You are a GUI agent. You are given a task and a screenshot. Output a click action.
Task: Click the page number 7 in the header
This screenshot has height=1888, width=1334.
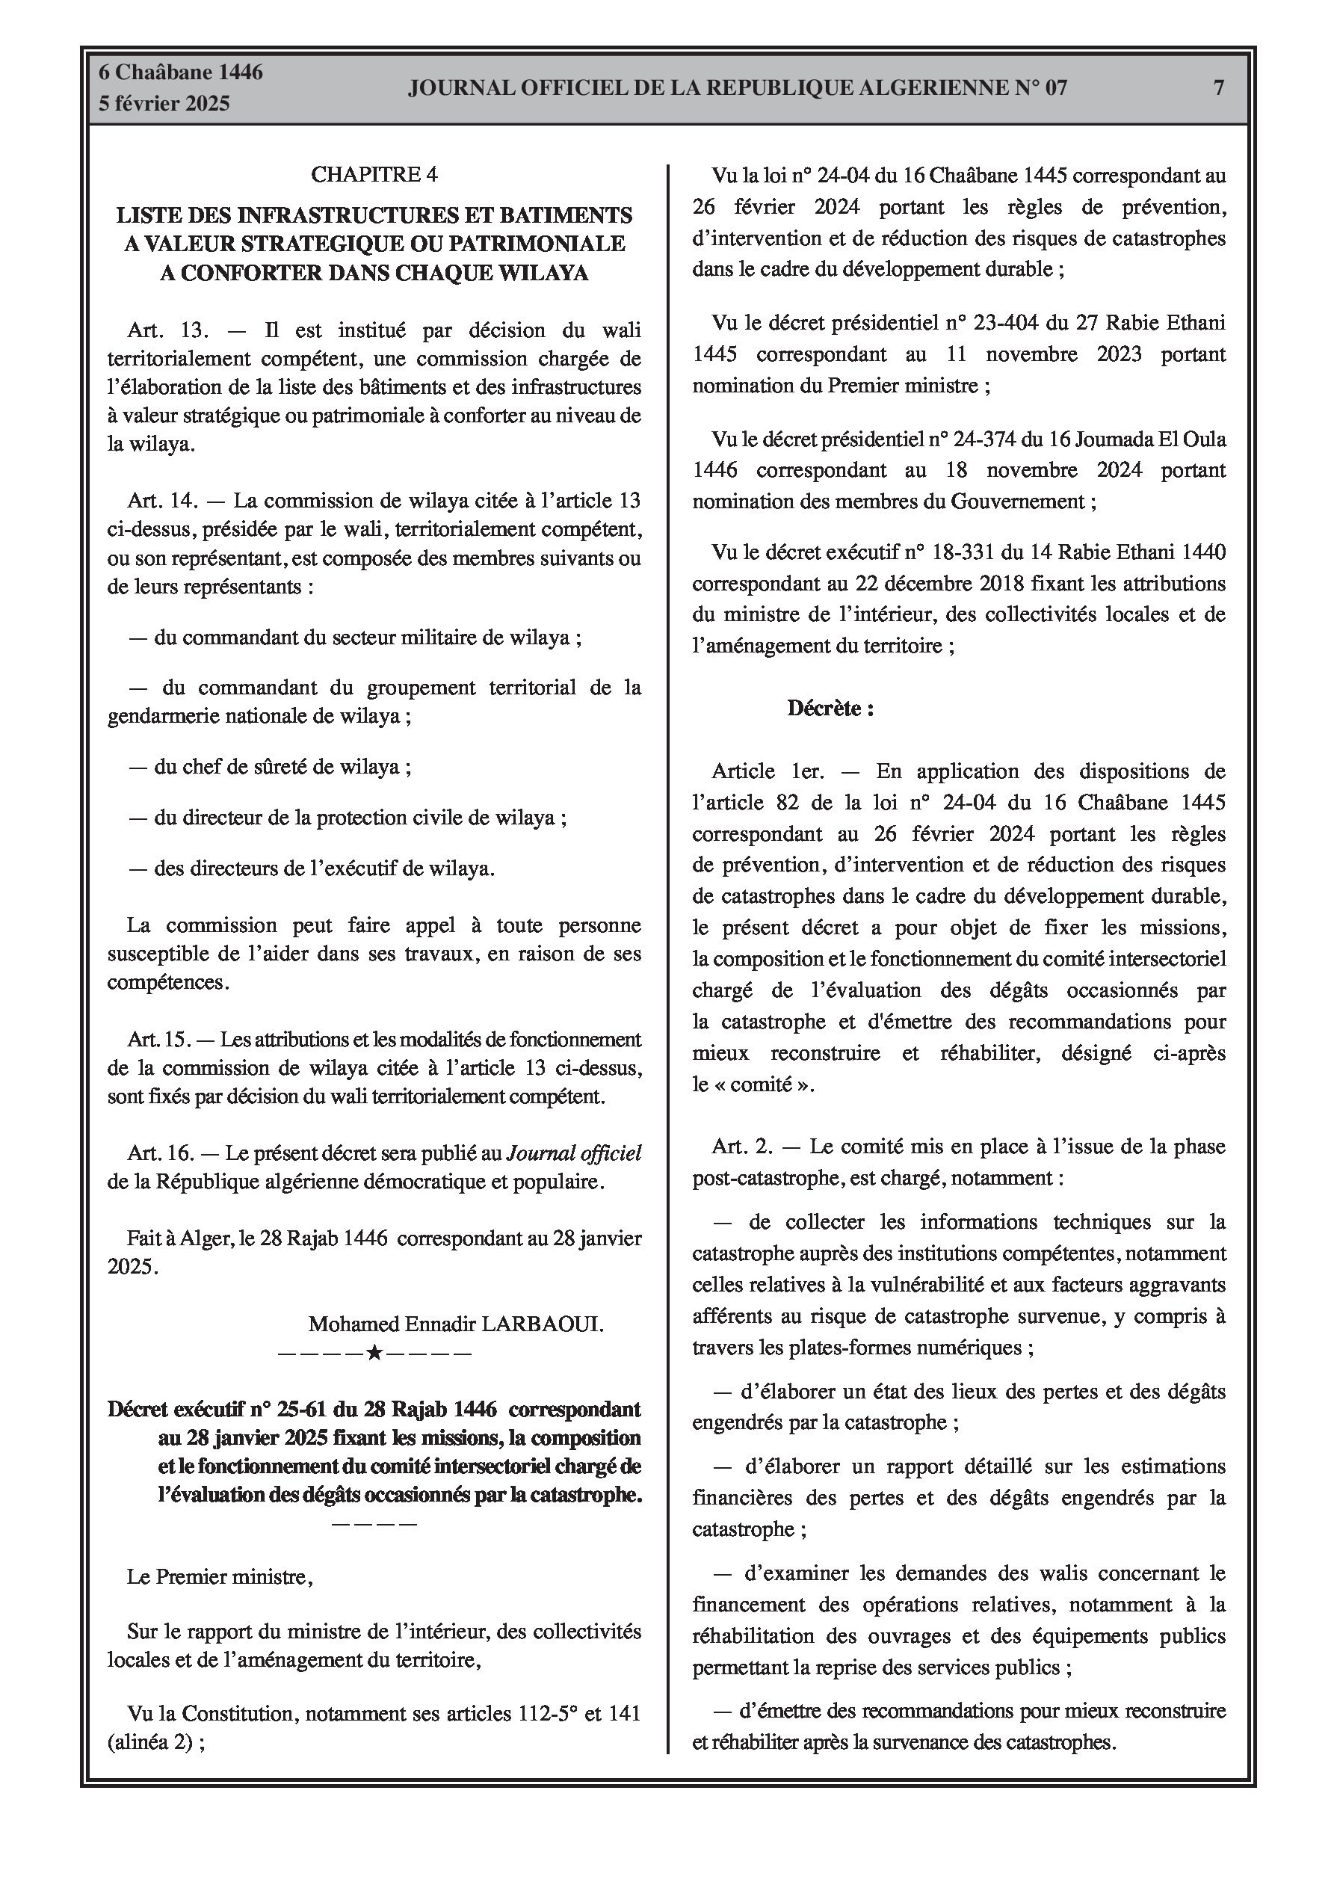tap(1219, 87)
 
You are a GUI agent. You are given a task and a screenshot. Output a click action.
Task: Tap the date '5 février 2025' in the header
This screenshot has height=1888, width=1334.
tap(164, 104)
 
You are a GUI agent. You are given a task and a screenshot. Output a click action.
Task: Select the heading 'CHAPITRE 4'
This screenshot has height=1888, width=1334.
tap(374, 174)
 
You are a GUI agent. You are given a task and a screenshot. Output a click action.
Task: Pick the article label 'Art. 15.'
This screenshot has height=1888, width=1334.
tap(158, 1040)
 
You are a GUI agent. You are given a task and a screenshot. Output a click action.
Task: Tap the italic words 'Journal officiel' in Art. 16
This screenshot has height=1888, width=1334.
tap(574, 1154)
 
